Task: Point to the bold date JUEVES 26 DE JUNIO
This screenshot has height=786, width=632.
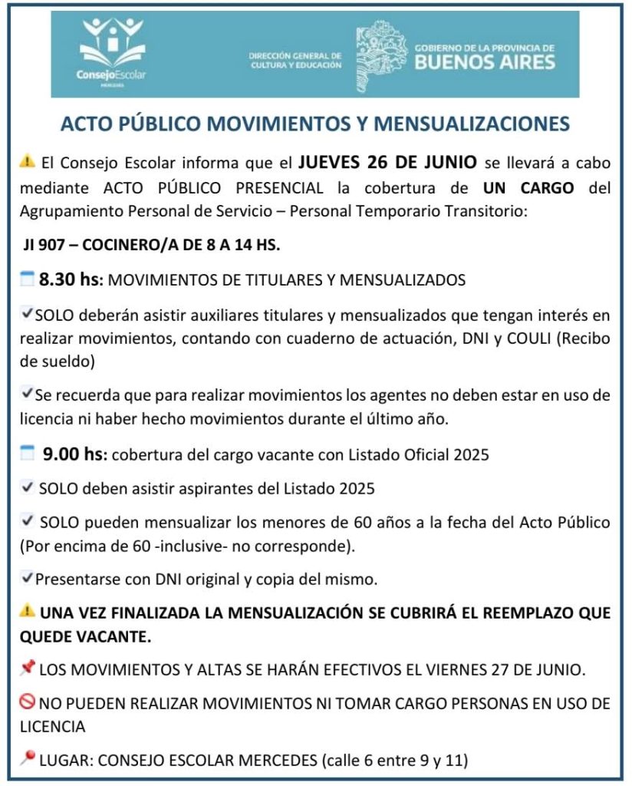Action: [388, 162]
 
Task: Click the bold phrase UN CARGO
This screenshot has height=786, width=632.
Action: [528, 187]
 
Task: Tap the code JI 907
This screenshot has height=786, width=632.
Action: [47, 247]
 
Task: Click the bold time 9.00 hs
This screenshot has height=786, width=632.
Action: [75, 454]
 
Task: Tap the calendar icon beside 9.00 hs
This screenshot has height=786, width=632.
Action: [28, 454]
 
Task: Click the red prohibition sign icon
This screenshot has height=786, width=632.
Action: [28, 703]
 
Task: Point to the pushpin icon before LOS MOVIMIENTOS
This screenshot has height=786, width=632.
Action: [28, 669]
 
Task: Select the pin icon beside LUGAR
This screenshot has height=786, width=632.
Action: [28, 759]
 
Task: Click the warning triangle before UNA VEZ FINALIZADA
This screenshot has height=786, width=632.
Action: [28, 612]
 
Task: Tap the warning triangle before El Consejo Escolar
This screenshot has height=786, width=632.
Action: [28, 162]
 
